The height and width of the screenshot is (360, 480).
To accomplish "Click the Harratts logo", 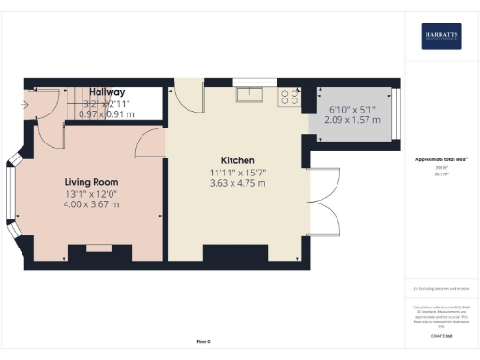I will click(x=442, y=36).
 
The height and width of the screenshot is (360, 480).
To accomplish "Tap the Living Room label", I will click(x=91, y=181).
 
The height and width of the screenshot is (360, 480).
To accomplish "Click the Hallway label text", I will click(x=103, y=92).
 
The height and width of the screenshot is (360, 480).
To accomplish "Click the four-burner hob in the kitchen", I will click(x=288, y=95).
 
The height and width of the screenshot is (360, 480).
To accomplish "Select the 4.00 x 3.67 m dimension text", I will click(x=91, y=204).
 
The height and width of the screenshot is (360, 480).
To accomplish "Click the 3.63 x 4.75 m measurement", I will click(x=238, y=183).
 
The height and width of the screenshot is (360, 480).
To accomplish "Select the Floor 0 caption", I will click(x=203, y=342).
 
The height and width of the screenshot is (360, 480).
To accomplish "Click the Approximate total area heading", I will click(x=441, y=159).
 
